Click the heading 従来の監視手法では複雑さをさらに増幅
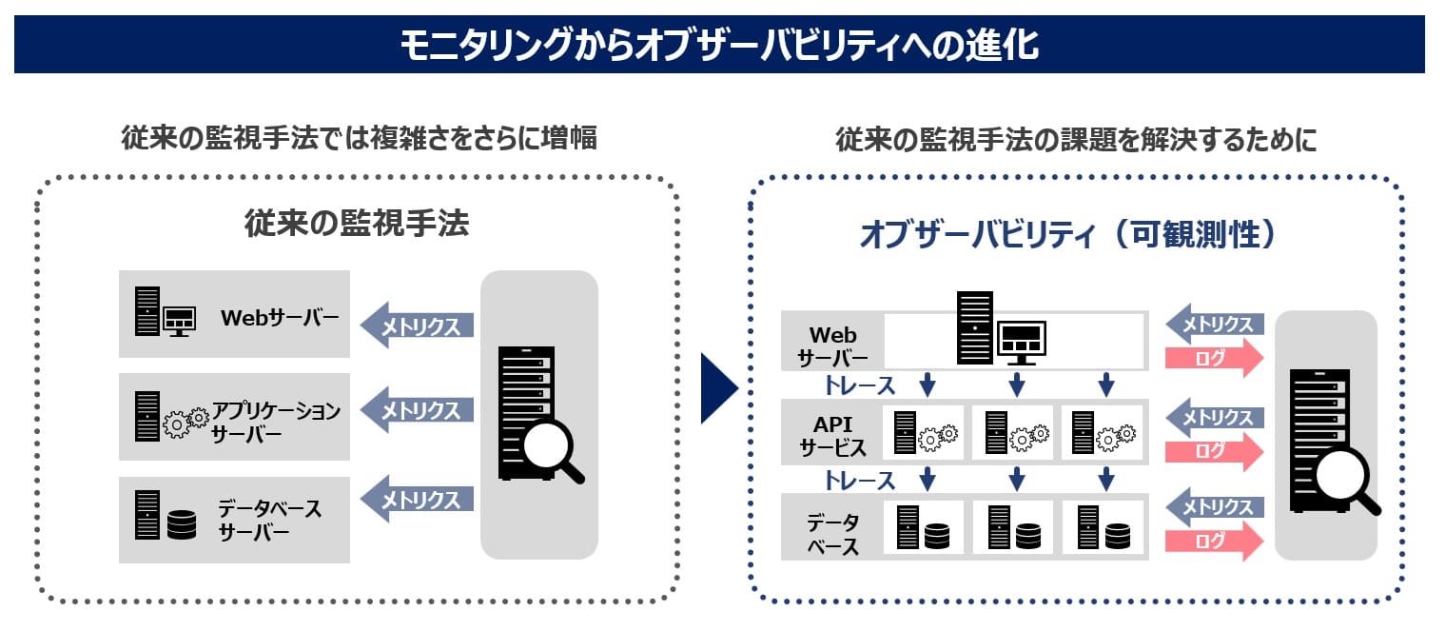coord(359,139)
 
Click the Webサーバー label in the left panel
coord(280,317)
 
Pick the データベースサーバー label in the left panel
coord(269,520)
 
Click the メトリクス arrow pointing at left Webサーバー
coord(417,325)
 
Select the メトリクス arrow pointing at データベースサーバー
coord(417,499)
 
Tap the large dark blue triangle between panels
coord(718,388)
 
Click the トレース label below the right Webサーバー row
coord(860,385)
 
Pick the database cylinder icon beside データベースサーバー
coord(181,524)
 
